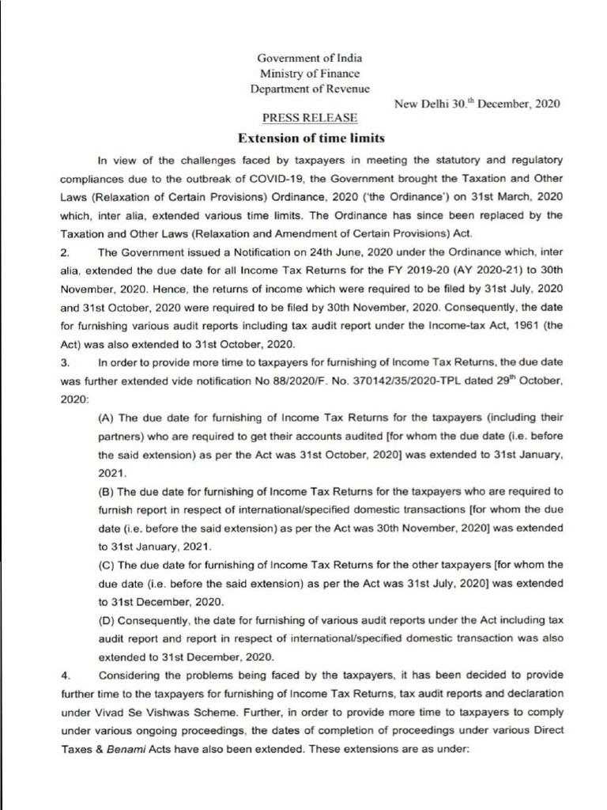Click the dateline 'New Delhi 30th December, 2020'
click(x=477, y=104)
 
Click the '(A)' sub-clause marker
click(x=107, y=417)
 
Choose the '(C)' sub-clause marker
click(x=107, y=565)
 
